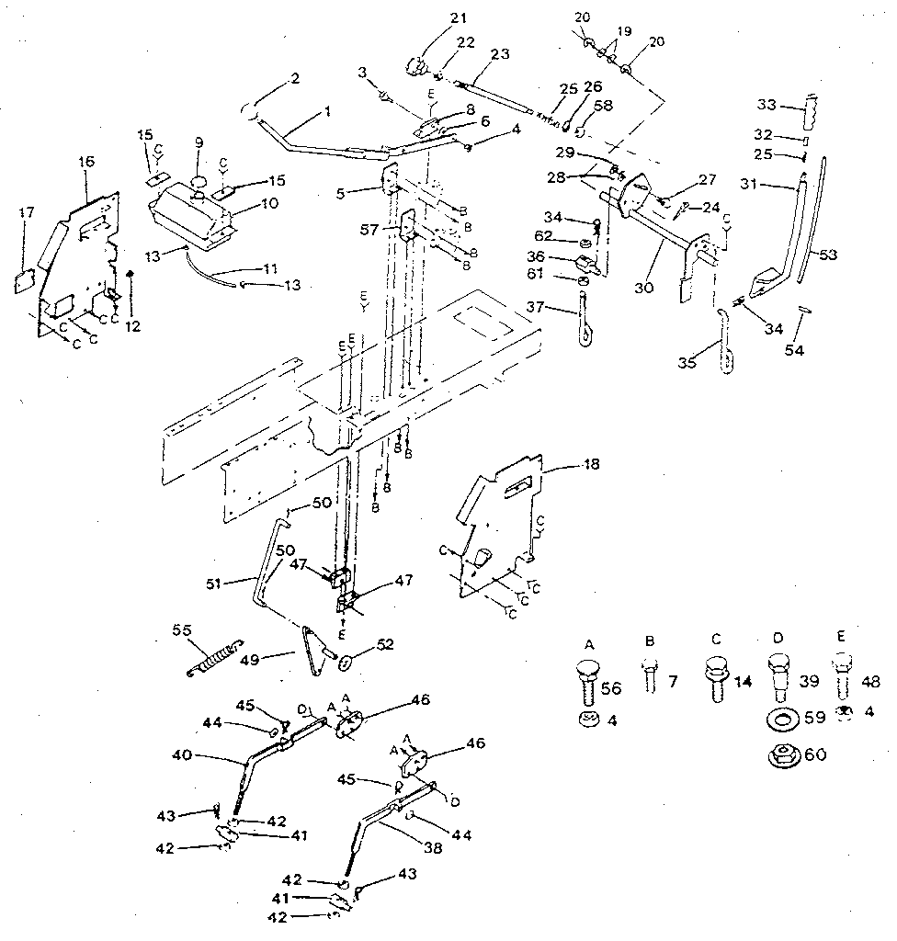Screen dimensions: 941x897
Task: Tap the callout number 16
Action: (x=86, y=162)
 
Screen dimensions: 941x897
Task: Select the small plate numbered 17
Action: (x=25, y=279)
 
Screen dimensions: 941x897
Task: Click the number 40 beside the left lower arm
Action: (x=184, y=754)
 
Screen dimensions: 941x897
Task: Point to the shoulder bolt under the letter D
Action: (x=778, y=678)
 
